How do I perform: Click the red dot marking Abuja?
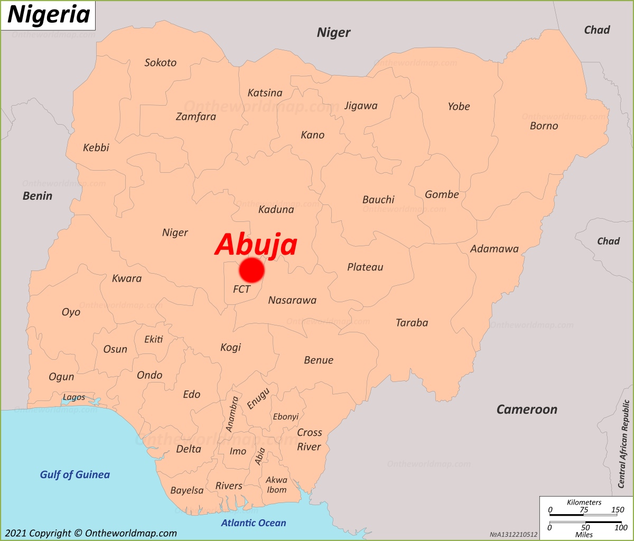[x=251, y=270]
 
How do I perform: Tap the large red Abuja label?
[x=256, y=245]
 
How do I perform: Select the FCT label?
[x=241, y=289]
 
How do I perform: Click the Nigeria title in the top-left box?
[x=48, y=15]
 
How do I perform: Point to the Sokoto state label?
[x=161, y=62]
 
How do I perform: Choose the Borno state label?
[x=544, y=126]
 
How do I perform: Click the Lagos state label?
[x=74, y=397]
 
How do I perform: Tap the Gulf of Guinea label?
[x=75, y=474]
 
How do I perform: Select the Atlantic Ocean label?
[x=254, y=523]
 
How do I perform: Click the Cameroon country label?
[x=527, y=409]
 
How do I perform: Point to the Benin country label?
[x=38, y=195]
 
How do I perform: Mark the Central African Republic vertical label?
[x=626, y=444]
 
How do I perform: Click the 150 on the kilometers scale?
[x=617, y=510]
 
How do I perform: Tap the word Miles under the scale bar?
[x=584, y=535]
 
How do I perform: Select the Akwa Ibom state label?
[x=276, y=484]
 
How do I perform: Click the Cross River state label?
[x=309, y=440]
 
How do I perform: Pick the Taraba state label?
[x=412, y=322]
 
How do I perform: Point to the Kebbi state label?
[x=96, y=147]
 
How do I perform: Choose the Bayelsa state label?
[x=187, y=490]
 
